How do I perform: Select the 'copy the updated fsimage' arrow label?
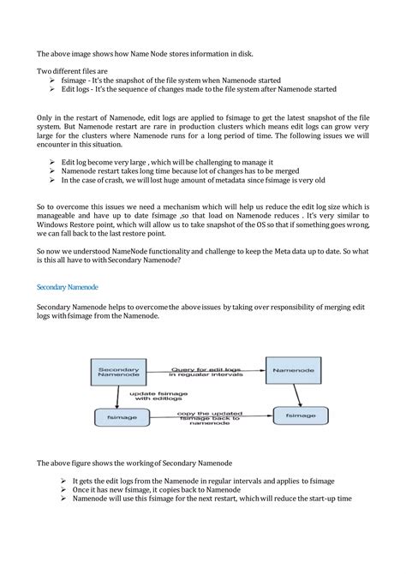tap(206, 417)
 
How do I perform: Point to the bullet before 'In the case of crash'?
tap(53, 181)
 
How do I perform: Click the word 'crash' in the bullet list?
tap(126, 181)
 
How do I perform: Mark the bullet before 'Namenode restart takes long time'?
tap(53, 171)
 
